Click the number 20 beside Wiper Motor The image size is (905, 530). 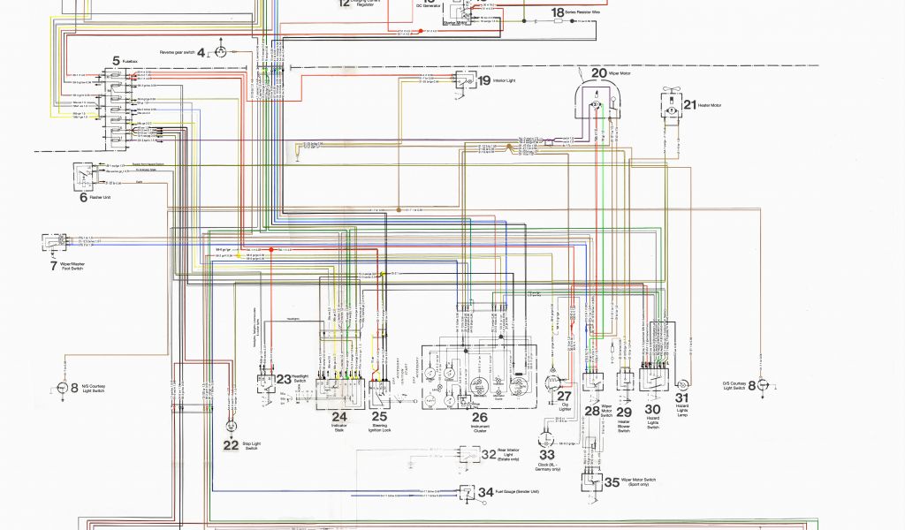[599, 73]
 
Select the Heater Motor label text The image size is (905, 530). [710, 105]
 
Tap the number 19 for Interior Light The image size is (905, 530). [483, 80]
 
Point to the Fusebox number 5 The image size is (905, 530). [115, 60]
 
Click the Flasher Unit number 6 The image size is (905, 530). [83, 197]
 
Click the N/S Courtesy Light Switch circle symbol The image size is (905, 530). [63, 387]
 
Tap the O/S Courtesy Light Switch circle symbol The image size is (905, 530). [764, 385]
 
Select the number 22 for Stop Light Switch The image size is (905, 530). [231, 445]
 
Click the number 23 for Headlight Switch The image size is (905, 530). [283, 379]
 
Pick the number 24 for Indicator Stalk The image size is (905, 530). [339, 415]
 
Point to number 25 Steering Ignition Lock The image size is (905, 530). [379, 415]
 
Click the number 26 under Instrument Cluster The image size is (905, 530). [479, 417]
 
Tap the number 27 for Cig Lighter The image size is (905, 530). [564, 396]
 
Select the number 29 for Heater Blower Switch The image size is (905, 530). [624, 412]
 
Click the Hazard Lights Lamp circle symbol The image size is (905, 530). [682, 385]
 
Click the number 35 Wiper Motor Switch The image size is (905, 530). [612, 481]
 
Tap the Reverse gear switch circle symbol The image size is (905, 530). [221, 52]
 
